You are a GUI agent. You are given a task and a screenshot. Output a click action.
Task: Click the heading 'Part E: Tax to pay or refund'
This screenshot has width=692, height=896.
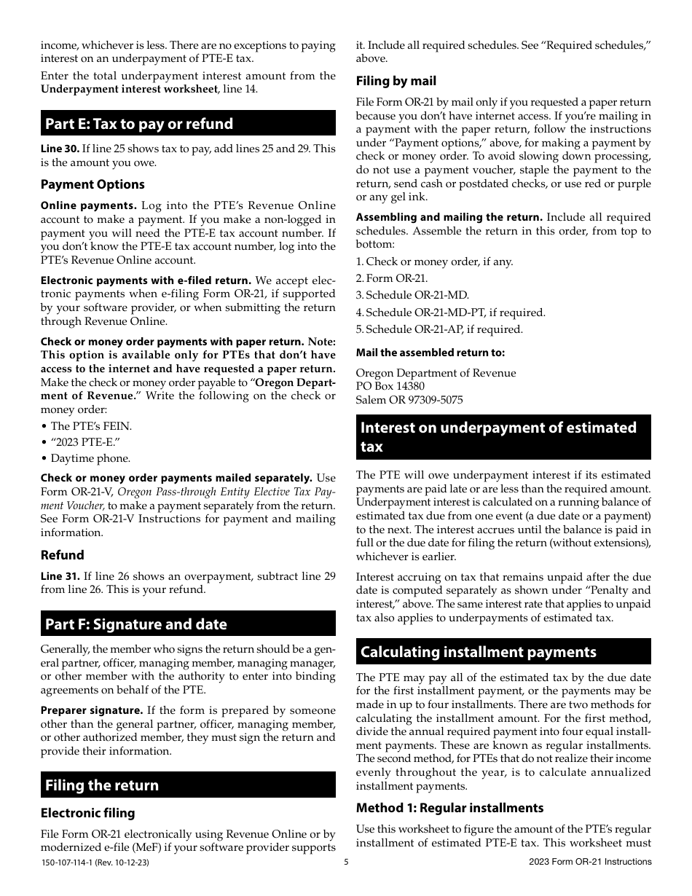[139, 124]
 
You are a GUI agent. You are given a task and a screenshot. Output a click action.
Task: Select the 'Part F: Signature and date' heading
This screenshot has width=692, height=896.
[136, 624]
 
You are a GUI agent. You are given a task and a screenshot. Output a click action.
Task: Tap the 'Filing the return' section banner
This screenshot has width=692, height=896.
[102, 785]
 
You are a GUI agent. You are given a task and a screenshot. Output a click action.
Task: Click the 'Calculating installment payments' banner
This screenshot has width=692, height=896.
[478, 652]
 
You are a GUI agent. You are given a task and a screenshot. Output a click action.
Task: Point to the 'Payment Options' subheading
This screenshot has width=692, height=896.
[93, 184]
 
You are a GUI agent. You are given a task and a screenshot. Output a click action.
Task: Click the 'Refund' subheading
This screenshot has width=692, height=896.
[62, 555]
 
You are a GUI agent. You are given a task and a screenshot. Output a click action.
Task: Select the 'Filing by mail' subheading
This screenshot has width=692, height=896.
[396, 81]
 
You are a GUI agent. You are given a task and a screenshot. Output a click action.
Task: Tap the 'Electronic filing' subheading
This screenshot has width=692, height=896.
[87, 813]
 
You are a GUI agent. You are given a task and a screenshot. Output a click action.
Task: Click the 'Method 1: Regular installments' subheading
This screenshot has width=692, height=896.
[449, 808]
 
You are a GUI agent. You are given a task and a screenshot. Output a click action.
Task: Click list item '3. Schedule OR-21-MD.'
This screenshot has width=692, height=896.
[412, 296]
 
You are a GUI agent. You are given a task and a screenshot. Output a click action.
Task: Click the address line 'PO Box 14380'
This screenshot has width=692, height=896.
[390, 386]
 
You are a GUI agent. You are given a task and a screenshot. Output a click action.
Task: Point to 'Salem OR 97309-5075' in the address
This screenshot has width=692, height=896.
[409, 400]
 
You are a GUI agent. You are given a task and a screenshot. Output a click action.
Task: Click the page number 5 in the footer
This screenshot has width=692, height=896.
[346, 862]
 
